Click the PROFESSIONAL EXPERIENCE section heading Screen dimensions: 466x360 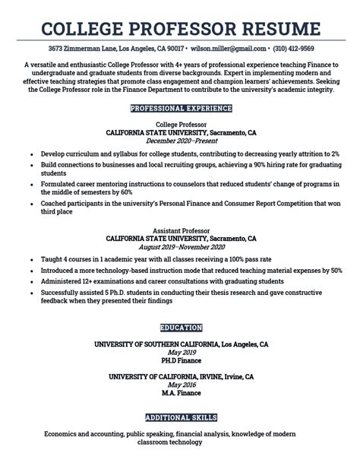181,109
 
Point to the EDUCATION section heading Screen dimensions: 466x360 181,328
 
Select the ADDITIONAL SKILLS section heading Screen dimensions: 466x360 181,417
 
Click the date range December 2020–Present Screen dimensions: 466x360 181,141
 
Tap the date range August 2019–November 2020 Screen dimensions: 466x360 181,247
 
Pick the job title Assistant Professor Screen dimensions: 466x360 181,229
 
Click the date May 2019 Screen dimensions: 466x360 181,353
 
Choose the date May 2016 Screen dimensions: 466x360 181,385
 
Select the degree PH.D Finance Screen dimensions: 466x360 181,362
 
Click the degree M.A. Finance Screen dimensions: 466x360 181,394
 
